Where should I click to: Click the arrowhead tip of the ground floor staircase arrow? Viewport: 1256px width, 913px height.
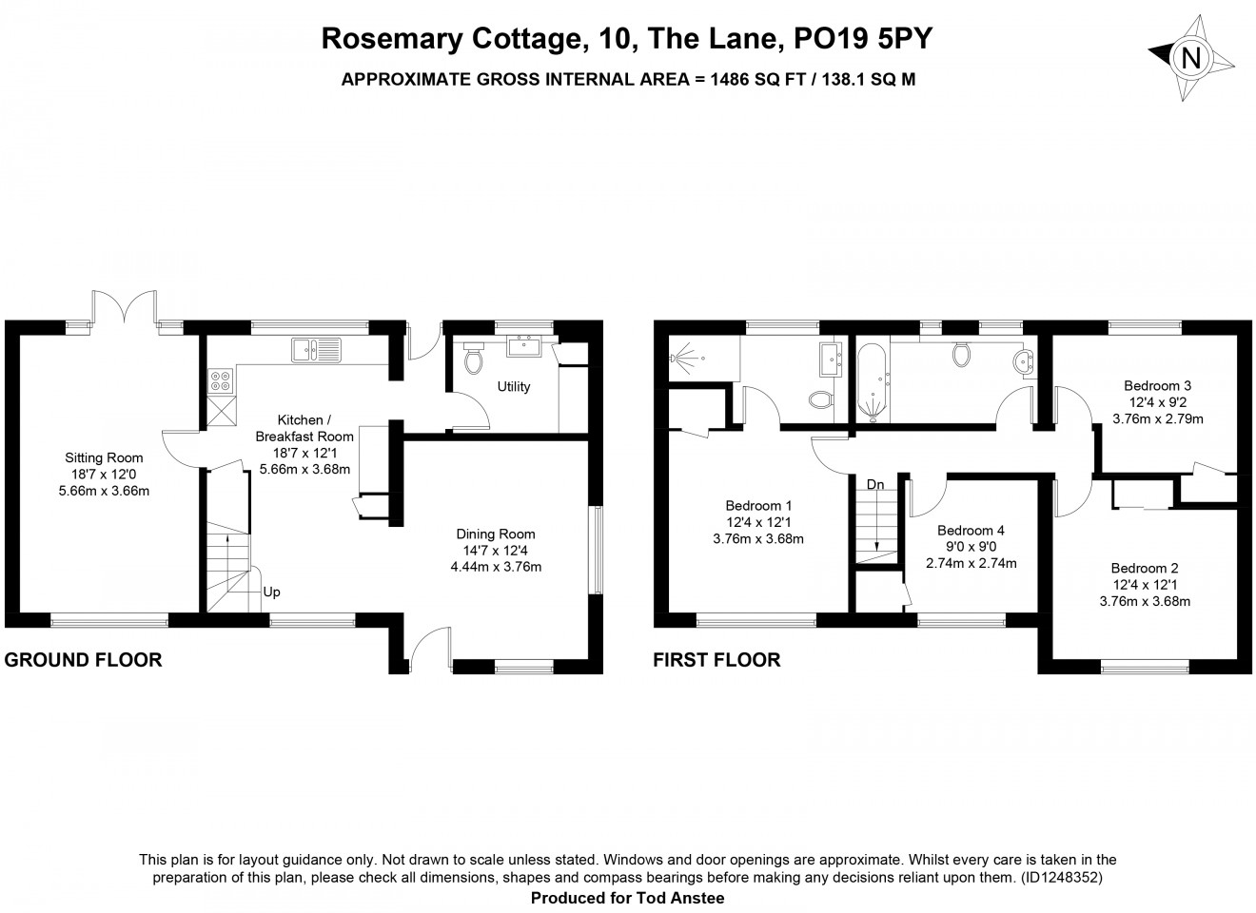[x=227, y=535]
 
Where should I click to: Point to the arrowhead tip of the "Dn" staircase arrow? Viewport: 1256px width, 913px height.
[x=876, y=552]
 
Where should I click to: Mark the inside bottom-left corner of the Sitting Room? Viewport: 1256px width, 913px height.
[x=20, y=612]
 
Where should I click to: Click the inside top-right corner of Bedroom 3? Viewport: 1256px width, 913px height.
[x=1236, y=335]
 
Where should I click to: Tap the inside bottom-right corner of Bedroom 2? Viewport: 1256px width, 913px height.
[x=1236, y=658]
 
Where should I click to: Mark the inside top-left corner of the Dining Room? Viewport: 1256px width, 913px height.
[x=404, y=440]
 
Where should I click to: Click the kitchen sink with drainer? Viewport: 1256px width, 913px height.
[x=316, y=350]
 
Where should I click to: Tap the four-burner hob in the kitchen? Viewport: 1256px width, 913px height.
[x=220, y=381]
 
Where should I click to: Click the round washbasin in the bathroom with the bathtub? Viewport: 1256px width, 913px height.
[x=1025, y=361]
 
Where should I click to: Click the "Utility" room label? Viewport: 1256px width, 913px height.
[x=514, y=387]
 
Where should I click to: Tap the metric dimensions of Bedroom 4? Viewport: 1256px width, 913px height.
[x=971, y=563]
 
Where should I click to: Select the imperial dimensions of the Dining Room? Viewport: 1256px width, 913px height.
[x=496, y=551]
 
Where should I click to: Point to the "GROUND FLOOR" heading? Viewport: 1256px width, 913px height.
[x=83, y=660]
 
